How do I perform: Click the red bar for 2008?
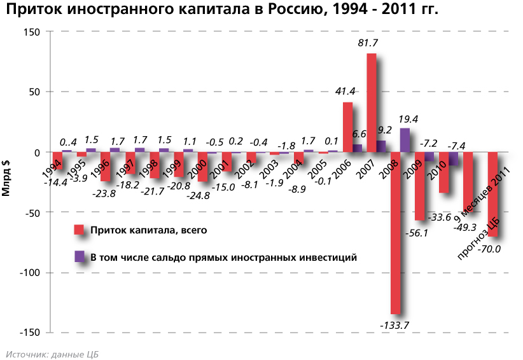pos(395,233)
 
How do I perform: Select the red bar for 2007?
pos(372,103)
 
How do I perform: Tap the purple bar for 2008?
pos(405,140)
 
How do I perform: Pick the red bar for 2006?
pos(347,127)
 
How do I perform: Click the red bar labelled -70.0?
pos(492,194)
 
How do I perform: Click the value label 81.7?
pos(370,43)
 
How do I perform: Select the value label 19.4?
pos(408,118)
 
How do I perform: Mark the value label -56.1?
pos(417,233)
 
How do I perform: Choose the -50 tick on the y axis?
pos(31,212)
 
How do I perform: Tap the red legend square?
pos(80,230)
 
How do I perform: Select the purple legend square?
pos(80,257)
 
